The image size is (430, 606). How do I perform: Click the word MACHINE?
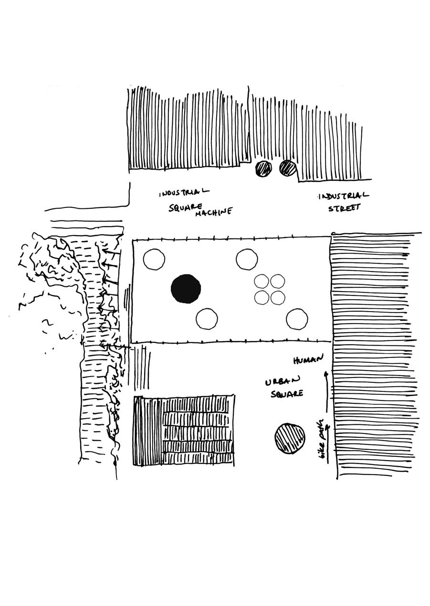tap(213, 211)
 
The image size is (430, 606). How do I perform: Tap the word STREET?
tap(344, 207)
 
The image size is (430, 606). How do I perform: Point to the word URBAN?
tap(283, 381)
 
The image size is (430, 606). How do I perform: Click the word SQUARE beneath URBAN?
tap(287, 394)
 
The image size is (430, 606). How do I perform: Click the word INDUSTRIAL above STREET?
tap(343, 196)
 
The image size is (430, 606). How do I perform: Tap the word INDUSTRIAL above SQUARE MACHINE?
tap(184, 193)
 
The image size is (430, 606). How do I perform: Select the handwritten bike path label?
tap(323, 439)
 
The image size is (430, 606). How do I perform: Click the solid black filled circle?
tap(186, 289)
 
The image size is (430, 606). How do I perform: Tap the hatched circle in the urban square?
tap(290, 438)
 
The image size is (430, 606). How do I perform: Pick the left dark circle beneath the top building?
tap(263, 168)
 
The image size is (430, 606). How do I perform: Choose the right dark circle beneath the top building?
tap(288, 168)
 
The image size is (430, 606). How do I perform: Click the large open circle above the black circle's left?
tap(154, 260)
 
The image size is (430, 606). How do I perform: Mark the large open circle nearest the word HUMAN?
tap(297, 319)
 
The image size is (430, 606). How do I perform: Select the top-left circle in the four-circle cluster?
tap(262, 281)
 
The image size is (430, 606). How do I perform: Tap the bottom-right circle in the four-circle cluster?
tap(278, 297)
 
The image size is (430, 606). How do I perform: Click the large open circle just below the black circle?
tap(207, 319)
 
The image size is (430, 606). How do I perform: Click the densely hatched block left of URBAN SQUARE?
tap(184, 430)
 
